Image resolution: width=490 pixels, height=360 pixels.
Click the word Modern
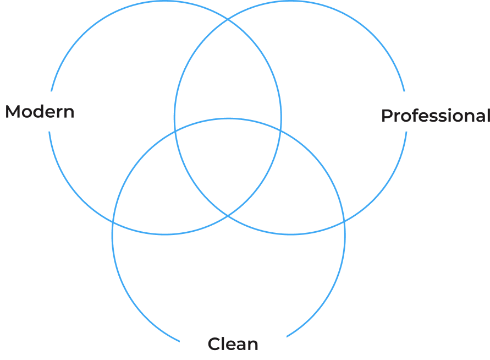coord(40,112)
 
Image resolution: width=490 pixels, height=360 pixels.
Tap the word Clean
coord(233,344)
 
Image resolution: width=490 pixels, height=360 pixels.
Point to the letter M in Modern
coord(13,112)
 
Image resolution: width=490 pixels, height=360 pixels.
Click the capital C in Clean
coord(214,344)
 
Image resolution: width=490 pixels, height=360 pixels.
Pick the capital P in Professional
coord(387,116)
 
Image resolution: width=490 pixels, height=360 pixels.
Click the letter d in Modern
coord(38,112)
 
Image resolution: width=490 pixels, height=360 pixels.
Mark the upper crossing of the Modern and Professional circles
coord(229,20)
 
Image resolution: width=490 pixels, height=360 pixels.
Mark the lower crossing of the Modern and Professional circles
coord(228,215)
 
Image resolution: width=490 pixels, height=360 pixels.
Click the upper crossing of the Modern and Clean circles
coord(175,132)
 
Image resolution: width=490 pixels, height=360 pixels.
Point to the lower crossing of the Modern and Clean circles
coord(113,221)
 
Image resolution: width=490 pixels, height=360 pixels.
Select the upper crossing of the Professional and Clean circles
coord(280,131)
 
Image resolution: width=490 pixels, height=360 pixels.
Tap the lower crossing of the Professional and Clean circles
coord(344,221)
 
